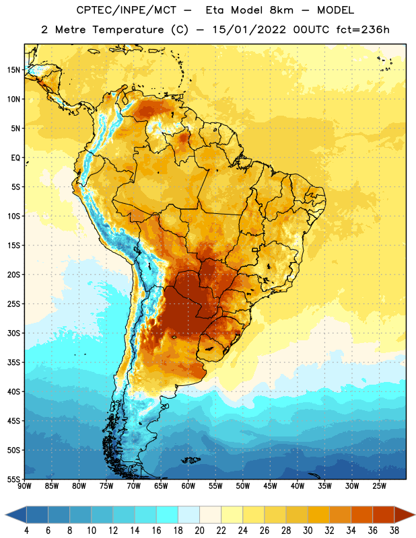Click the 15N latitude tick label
tap(13, 70)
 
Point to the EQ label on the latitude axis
tap(15, 158)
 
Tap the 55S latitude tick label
tap(13, 479)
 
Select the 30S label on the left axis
tap(13, 333)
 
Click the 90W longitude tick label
tap(24, 486)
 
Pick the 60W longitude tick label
tap(188, 486)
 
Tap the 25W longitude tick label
tap(379, 486)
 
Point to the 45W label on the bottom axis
tap(270, 486)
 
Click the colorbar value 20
tap(199, 531)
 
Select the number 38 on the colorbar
tap(394, 531)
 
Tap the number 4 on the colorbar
tap(26, 531)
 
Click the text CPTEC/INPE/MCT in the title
tap(127, 11)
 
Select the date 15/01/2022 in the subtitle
tap(249, 30)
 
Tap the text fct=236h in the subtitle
tap(363, 30)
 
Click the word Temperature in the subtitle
tap(128, 30)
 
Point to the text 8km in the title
tap(281, 11)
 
